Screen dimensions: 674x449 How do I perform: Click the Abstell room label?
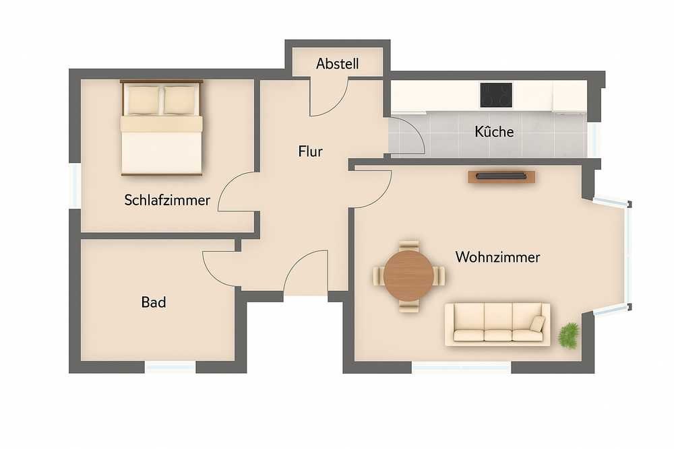(x=338, y=64)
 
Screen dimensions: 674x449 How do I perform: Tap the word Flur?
(x=310, y=151)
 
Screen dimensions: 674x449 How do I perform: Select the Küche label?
(x=494, y=131)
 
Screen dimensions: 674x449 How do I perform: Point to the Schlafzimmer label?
(x=167, y=200)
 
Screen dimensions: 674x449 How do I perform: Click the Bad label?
(x=154, y=302)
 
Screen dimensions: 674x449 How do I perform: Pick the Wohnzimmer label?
(x=498, y=257)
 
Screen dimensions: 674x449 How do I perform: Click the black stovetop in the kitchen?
(x=497, y=95)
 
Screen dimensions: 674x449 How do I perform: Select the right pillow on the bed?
(x=181, y=100)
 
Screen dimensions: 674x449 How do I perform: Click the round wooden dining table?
(x=409, y=275)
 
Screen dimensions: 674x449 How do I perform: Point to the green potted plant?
(x=569, y=335)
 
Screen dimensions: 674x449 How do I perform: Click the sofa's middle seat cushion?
(x=498, y=335)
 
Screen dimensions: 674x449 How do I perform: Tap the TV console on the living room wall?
(x=501, y=176)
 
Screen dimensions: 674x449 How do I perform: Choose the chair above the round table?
(x=409, y=246)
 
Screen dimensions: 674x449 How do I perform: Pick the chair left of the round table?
(x=379, y=275)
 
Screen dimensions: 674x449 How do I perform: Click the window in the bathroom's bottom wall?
(x=171, y=367)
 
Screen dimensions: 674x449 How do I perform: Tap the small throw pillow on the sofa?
(x=537, y=323)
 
